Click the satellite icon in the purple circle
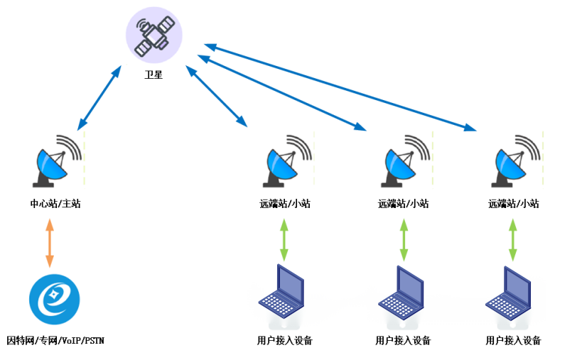click(153, 36)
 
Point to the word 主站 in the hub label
click(72, 204)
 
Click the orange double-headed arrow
click(49, 243)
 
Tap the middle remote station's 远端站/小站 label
click(403, 204)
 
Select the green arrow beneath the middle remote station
click(404, 240)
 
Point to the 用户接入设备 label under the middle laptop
click(403, 341)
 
